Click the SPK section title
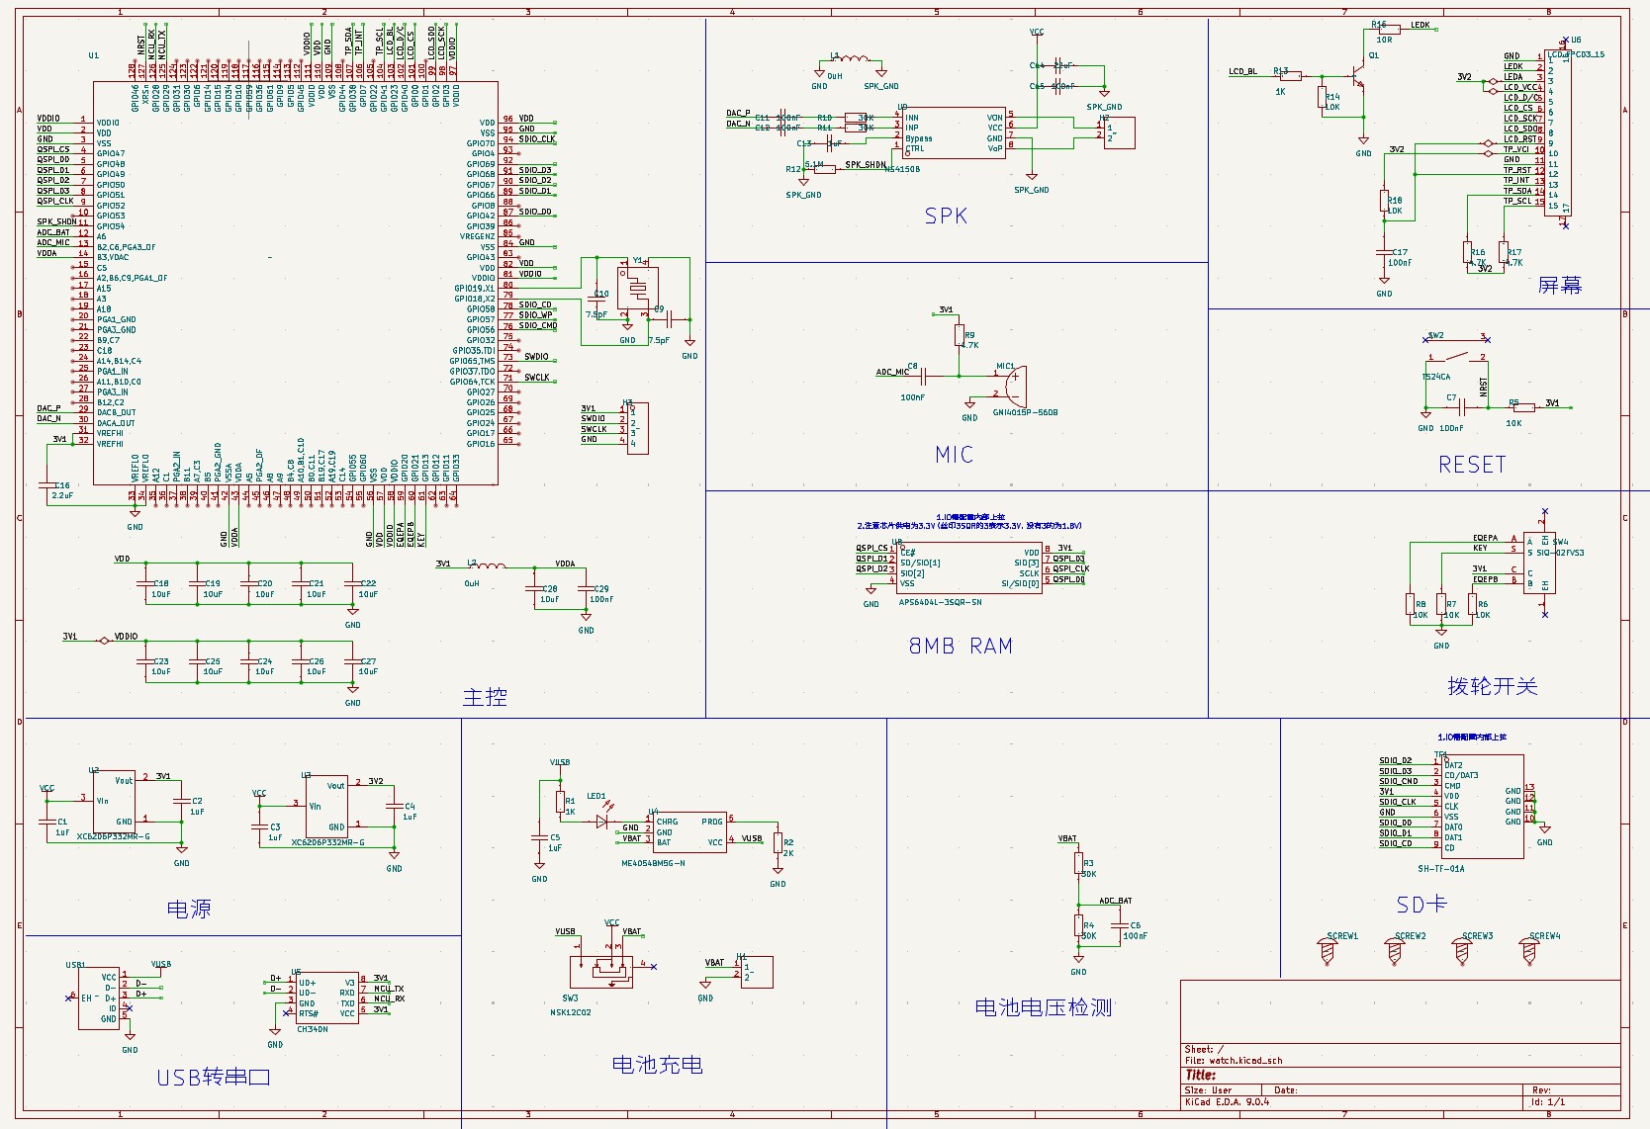coord(946,217)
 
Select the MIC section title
coord(955,455)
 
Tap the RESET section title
coord(1472,465)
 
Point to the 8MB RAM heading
coord(961,647)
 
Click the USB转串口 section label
coord(214,1078)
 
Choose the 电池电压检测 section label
coord(1044,1007)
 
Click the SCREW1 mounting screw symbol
coord(1328,951)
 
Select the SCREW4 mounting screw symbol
coord(1529,951)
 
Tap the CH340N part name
coord(313,1030)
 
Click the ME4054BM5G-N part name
coord(653,863)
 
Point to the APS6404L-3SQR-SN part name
coord(940,602)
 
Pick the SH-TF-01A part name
coord(1440,869)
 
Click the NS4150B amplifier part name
coord(901,169)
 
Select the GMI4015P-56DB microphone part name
coord(1025,412)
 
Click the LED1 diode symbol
coord(601,820)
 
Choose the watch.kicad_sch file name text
coord(1245,1061)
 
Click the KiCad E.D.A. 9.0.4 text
coord(1227,1101)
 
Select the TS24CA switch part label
coord(1436,377)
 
